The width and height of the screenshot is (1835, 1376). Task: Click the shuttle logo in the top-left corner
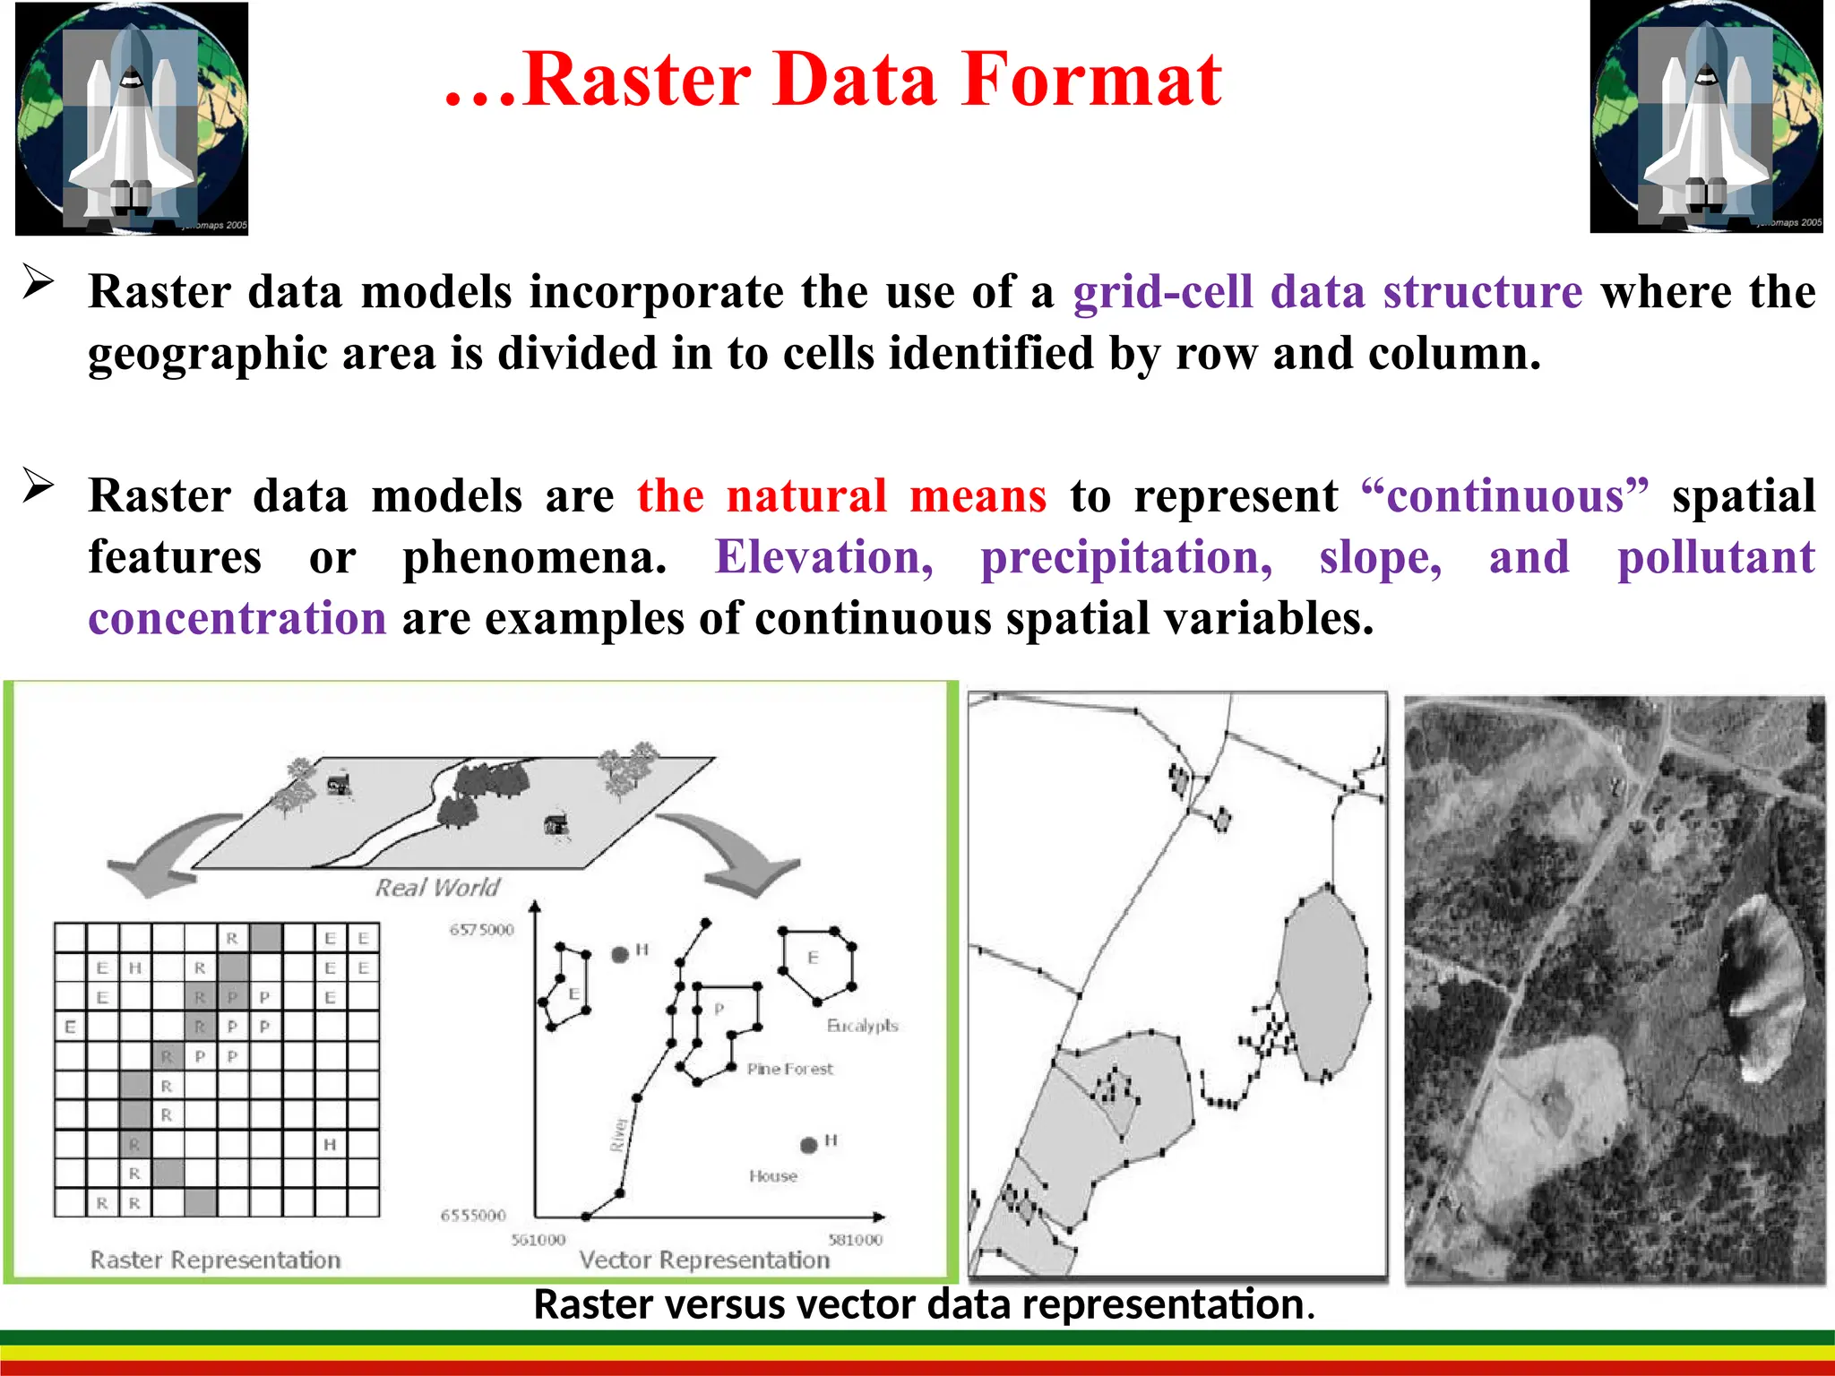click(132, 118)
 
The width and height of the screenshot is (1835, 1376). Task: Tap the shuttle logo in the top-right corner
click(1706, 117)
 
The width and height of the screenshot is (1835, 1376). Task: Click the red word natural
click(806, 496)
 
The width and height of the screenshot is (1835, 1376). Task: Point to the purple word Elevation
click(823, 558)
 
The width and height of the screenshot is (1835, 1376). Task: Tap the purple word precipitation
click(1126, 558)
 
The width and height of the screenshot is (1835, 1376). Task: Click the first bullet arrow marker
click(39, 282)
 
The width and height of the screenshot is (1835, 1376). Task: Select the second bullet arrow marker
click(39, 486)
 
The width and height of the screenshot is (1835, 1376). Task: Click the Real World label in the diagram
click(437, 888)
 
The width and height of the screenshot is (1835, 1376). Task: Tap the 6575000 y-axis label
click(482, 930)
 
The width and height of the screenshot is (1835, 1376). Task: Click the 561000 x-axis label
click(538, 1240)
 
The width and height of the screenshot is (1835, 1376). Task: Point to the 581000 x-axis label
click(855, 1240)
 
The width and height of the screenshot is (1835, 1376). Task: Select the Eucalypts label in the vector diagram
click(862, 1026)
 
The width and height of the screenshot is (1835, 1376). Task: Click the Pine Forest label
click(789, 1069)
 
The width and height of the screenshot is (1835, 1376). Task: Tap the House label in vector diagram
click(773, 1176)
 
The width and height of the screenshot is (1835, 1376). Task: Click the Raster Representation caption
click(215, 1260)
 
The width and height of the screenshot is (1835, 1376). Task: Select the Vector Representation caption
click(704, 1260)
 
